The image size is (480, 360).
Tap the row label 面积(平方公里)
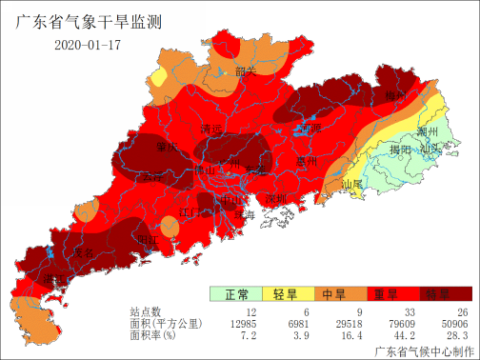click(167, 324)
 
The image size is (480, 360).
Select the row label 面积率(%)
click(154, 335)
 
